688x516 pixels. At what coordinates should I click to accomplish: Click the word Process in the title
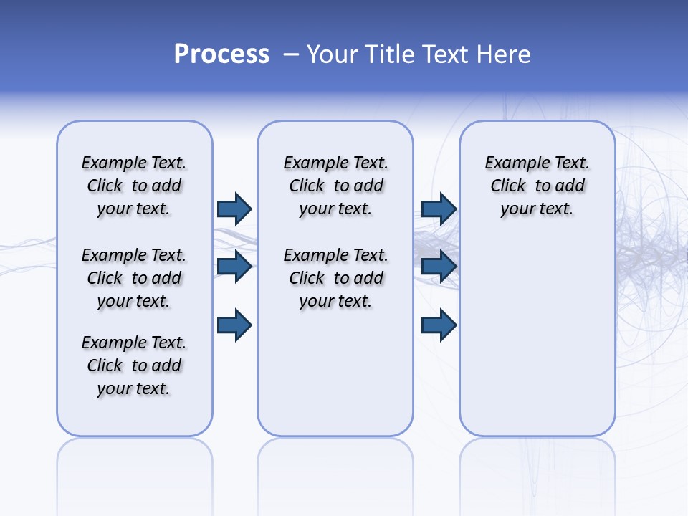[221, 54]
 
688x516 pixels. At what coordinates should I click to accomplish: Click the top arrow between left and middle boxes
[234, 209]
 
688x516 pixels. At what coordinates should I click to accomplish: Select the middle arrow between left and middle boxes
[234, 267]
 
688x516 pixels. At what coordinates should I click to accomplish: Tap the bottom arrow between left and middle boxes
[234, 325]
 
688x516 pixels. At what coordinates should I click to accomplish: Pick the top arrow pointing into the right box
[439, 209]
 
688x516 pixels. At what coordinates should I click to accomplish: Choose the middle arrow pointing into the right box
[439, 267]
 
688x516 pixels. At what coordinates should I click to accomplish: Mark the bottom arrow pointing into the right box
[439, 325]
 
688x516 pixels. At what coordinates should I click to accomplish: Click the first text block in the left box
[134, 186]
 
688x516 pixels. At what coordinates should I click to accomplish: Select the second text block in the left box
[134, 278]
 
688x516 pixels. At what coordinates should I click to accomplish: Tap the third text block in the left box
[134, 365]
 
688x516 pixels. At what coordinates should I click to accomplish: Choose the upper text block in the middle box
[336, 186]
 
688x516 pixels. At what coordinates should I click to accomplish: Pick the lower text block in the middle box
[336, 278]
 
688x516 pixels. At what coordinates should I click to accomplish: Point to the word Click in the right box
[508, 186]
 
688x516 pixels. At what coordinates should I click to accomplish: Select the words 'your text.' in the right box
[537, 209]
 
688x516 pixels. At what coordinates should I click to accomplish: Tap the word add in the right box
[570, 186]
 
